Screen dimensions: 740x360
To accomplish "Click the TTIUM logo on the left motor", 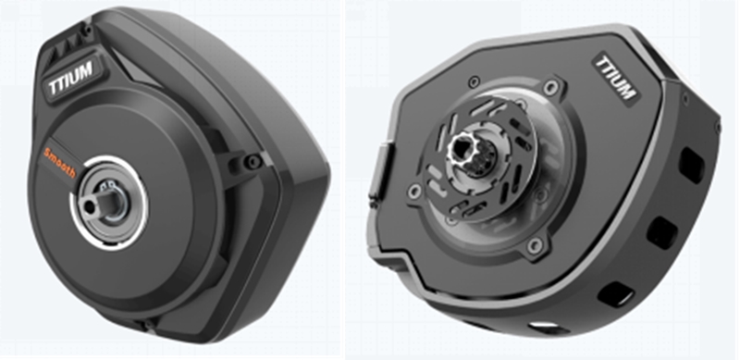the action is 71,79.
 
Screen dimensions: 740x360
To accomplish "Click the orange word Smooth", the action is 59,163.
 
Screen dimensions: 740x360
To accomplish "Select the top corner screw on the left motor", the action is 87,30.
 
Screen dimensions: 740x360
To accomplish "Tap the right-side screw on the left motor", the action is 253,162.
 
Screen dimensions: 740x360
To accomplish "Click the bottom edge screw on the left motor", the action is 148,324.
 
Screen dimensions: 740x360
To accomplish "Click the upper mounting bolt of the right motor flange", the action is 549,87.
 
